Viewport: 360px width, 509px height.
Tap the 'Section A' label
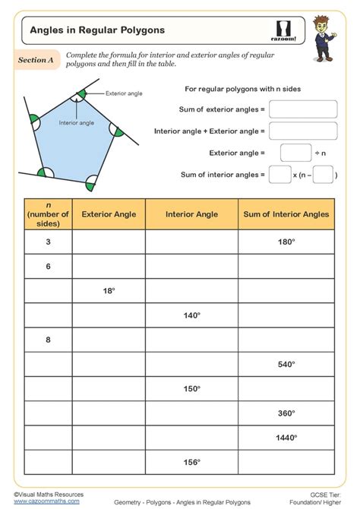point(36,61)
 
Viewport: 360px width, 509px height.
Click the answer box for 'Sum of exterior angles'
point(302,109)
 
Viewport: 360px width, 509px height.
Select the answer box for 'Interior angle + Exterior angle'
point(302,131)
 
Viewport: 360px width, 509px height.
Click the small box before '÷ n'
point(295,153)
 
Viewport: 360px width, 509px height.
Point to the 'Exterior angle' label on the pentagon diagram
point(125,93)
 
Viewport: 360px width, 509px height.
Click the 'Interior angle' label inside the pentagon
point(76,122)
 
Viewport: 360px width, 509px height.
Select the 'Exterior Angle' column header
point(109,214)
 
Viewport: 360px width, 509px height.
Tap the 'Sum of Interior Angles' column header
point(286,214)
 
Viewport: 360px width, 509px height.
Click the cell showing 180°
point(286,242)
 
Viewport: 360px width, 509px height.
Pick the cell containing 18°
point(109,291)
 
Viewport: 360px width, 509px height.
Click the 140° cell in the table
point(191,315)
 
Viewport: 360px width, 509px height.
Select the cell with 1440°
point(286,438)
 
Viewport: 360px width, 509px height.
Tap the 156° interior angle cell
point(191,462)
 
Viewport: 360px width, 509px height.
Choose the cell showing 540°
point(286,365)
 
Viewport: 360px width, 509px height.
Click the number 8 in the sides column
point(48,340)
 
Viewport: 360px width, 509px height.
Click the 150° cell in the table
point(191,389)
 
